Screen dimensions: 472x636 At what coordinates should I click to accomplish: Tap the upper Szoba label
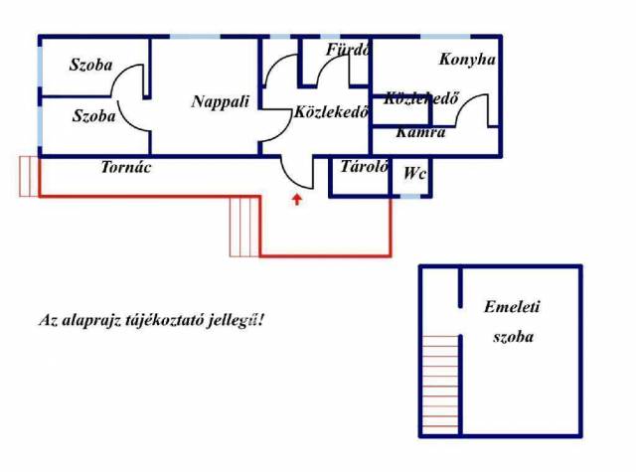[x=90, y=66]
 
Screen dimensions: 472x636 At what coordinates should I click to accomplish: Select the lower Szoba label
[x=93, y=116]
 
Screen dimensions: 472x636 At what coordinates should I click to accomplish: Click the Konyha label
[x=467, y=60]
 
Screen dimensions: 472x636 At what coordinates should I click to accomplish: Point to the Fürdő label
[x=348, y=49]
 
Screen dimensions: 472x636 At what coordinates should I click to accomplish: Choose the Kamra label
[x=419, y=132]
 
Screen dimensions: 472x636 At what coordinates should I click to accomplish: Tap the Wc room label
[x=414, y=174]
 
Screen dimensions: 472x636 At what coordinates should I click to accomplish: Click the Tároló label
[x=363, y=167]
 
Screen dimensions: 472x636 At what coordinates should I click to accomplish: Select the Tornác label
[x=125, y=168]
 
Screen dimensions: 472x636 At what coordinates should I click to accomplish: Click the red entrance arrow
[x=296, y=202]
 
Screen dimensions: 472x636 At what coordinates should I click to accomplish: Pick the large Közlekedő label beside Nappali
[x=332, y=112]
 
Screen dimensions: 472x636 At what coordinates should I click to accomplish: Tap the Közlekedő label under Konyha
[x=420, y=98]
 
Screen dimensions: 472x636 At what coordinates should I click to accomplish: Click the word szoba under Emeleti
[x=513, y=337]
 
